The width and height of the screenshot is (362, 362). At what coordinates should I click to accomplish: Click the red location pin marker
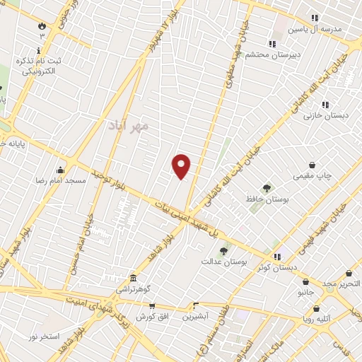[182, 166]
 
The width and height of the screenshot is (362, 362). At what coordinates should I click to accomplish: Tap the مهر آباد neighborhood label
[129, 126]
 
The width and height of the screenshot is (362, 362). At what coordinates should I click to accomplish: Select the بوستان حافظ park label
[267, 199]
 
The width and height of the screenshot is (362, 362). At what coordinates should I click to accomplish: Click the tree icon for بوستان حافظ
[267, 188]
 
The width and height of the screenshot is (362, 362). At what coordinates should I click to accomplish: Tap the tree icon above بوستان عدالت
[223, 250]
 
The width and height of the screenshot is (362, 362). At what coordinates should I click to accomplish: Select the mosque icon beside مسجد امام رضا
[60, 170]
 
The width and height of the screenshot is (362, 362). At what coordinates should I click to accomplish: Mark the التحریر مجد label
[341, 284]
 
